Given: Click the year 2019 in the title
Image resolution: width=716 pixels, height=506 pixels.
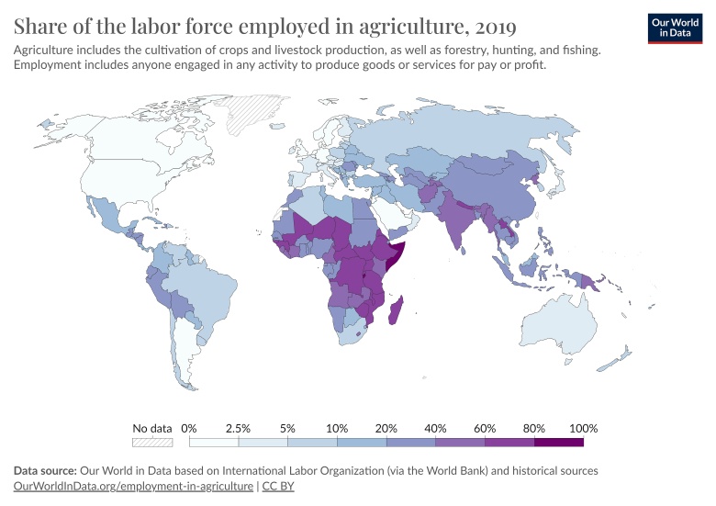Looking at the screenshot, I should coord(492,25).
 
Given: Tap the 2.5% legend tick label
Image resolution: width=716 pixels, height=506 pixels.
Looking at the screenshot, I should coord(239,428).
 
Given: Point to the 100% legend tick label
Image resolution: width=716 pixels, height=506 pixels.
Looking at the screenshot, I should coord(583,428).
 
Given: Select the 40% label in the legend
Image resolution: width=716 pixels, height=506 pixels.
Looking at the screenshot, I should coord(435,428).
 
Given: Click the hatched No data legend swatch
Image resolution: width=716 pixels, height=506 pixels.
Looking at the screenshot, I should coord(152,442).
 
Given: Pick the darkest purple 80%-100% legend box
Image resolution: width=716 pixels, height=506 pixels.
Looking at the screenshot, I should coord(559,442).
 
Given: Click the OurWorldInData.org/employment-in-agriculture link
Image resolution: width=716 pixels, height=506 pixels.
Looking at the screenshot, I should coord(133,486).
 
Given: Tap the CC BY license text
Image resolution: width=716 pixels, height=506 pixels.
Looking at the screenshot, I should coord(279,486).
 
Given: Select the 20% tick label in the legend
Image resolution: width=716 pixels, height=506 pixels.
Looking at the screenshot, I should coord(386,428).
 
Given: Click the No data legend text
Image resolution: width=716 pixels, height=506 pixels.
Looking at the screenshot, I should coord(152,428).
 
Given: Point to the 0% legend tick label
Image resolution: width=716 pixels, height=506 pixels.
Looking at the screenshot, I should coord(189,428).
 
